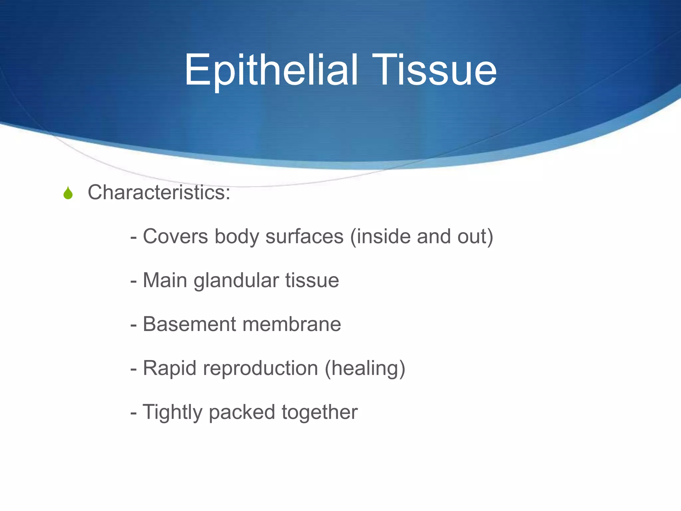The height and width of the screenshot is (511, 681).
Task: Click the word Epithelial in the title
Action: (x=271, y=71)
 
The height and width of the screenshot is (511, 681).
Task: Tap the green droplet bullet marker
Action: (x=68, y=193)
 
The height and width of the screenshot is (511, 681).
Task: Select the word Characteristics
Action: (x=156, y=192)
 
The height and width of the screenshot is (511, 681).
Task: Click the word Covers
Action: (x=175, y=237)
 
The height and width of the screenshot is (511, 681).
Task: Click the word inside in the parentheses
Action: (x=383, y=237)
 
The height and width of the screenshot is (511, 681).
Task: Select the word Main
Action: (x=165, y=280)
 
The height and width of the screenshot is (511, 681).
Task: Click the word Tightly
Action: (x=172, y=413)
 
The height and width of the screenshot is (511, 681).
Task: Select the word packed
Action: (x=242, y=413)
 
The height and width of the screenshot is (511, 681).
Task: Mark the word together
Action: (x=320, y=413)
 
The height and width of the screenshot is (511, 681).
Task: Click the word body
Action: (x=236, y=237)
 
